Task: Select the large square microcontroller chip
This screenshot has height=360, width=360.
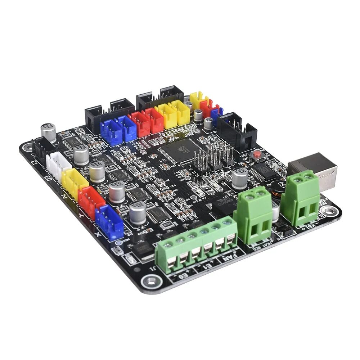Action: point(182,148)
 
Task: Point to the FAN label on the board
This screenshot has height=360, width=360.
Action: point(229,257)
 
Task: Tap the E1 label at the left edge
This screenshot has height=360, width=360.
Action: point(34,161)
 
